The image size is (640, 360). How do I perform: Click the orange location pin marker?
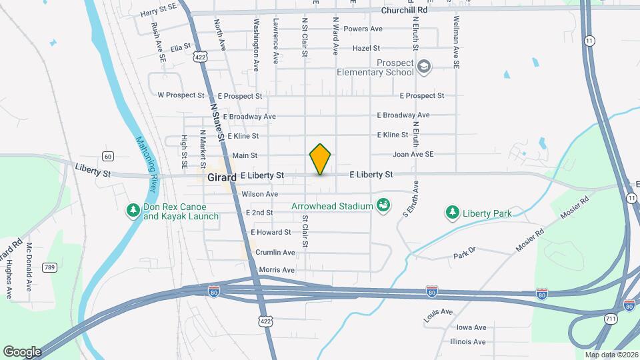tap(321, 159)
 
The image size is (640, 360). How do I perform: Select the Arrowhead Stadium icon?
tap(383, 205)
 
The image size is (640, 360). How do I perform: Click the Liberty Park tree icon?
tap(453, 213)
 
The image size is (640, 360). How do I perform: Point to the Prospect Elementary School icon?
tap(423, 67)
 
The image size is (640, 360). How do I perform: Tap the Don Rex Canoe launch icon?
tap(133, 211)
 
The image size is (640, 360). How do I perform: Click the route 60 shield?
tap(108, 156)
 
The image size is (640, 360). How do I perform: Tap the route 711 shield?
tap(611, 319)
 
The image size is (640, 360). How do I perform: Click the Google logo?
tap(22, 351)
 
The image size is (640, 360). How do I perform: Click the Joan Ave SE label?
tap(413, 155)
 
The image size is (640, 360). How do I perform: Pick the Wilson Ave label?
tap(259, 194)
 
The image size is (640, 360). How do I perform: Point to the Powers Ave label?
tap(363, 29)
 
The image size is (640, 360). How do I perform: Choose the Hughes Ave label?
tap(9, 279)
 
